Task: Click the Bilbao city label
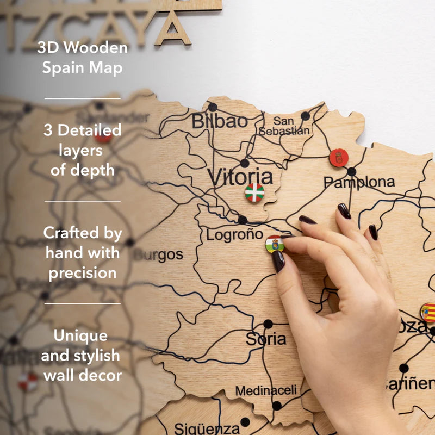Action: (x=219, y=121)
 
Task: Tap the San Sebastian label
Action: (x=284, y=126)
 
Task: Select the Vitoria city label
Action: (x=240, y=177)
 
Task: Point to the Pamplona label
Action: (x=359, y=182)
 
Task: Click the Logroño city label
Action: (x=234, y=235)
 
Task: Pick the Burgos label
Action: (x=158, y=254)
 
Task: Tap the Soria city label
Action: (x=266, y=339)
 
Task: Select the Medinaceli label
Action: (x=266, y=390)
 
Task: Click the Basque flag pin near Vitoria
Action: (x=254, y=192)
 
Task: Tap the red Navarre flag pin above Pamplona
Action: (x=339, y=158)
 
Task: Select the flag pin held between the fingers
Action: (x=275, y=244)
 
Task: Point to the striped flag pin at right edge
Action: (x=428, y=313)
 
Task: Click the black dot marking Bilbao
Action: (x=213, y=107)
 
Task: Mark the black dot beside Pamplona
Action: (x=352, y=171)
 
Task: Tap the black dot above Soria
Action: (x=268, y=324)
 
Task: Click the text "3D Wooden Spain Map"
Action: (x=83, y=58)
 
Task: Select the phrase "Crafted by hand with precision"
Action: (x=83, y=253)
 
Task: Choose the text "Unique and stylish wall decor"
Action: (x=82, y=355)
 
